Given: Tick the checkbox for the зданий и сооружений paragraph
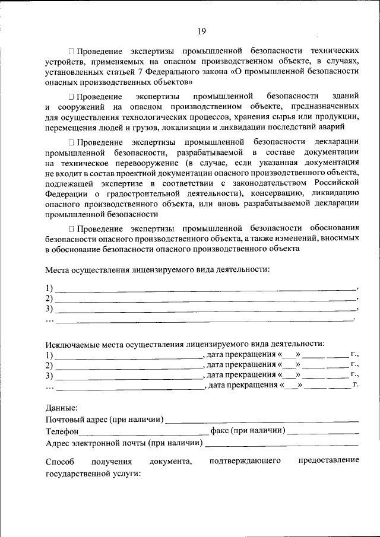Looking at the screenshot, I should tap(71, 97).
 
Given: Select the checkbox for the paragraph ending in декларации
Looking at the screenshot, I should tap(71, 142).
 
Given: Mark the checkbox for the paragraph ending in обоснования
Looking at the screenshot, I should tap(71, 228).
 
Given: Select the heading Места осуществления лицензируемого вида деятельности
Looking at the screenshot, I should tap(157, 269).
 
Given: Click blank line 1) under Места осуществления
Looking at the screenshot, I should tap(205, 289).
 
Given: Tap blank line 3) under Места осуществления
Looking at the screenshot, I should tap(205, 309).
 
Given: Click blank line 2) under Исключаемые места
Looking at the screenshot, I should tap(128, 366).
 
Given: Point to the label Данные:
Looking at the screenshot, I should tap(61, 408).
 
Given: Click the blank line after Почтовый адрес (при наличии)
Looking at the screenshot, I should tap(262, 420).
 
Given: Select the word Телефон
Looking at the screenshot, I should tap(62, 431).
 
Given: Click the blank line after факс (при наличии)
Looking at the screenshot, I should tap(324, 431).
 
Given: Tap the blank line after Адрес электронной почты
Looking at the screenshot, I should tap(281, 443).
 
